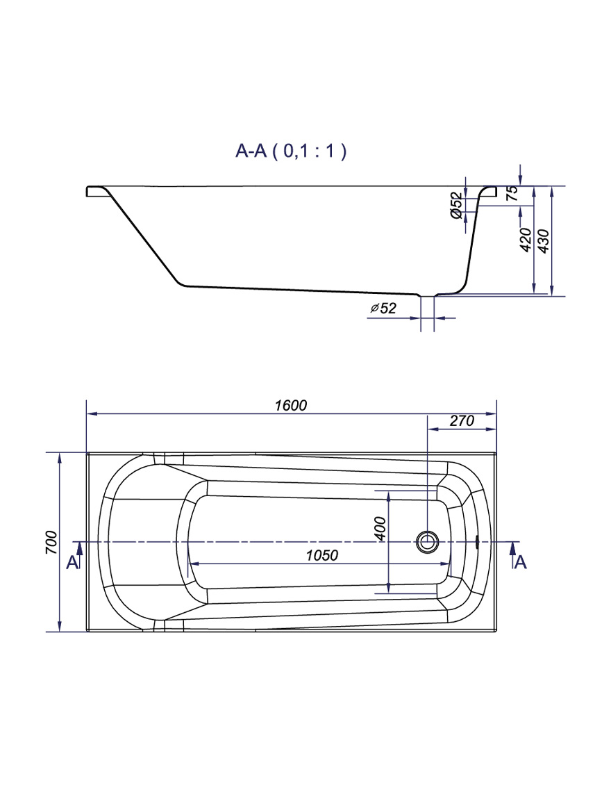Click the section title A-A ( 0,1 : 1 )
pyautogui.click(x=291, y=151)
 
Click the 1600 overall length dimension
pyautogui.click(x=291, y=406)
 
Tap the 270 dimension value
pyautogui.click(x=462, y=420)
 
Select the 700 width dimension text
pyautogui.click(x=51, y=542)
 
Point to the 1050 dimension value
pyautogui.click(x=322, y=556)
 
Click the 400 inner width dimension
pyautogui.click(x=380, y=529)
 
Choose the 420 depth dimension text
pyautogui.click(x=525, y=240)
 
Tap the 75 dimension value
pyautogui.click(x=512, y=194)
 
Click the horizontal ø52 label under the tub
pyautogui.click(x=383, y=308)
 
